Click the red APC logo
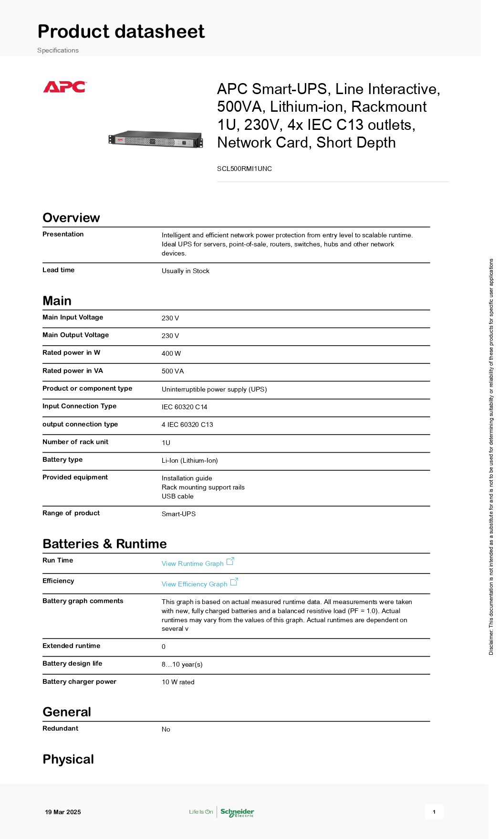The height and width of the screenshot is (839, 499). [64, 87]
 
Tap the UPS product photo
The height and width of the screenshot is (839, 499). [156, 139]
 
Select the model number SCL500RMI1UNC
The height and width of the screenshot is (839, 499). [244, 169]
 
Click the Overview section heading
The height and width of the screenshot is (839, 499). [71, 218]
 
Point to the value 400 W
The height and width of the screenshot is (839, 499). [171, 353]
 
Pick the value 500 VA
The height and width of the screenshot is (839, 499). [173, 371]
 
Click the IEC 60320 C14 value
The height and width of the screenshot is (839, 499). [185, 407]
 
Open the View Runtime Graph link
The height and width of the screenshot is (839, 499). [193, 563]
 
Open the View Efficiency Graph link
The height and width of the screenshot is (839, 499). [195, 584]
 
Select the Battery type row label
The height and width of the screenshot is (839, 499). [62, 459]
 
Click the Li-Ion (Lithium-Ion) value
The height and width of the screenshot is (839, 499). [190, 460]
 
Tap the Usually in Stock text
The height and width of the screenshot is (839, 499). [186, 271]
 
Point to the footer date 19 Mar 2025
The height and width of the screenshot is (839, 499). [63, 812]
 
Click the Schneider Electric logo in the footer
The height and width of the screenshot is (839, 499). [237, 812]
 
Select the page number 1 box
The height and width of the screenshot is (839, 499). [434, 812]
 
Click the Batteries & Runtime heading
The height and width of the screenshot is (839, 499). [104, 544]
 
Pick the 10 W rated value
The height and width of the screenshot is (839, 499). [178, 682]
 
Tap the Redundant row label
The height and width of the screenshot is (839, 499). [61, 728]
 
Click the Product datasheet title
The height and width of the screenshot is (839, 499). [121, 32]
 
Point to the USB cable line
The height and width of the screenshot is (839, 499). [177, 496]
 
